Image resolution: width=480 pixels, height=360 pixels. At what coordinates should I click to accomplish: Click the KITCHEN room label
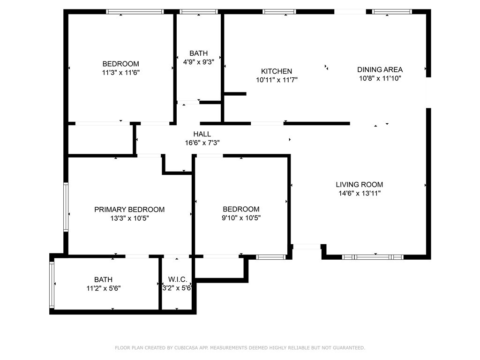[277, 71]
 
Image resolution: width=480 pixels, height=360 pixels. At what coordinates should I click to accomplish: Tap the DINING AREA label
[380, 69]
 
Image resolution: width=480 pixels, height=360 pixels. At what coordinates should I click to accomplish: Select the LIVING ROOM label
[359, 185]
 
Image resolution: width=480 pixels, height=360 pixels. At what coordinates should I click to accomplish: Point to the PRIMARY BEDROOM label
[129, 210]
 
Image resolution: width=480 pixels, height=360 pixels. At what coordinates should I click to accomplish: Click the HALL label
[202, 134]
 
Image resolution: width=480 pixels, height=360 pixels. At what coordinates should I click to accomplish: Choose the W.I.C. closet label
[178, 280]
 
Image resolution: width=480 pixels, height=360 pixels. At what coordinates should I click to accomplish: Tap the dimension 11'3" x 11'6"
[121, 73]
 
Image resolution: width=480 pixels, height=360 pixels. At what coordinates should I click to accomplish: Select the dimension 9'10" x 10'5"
[241, 218]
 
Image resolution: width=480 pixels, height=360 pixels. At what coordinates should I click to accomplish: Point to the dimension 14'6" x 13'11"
[359, 193]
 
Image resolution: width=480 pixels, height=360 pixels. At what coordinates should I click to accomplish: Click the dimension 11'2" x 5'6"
[103, 288]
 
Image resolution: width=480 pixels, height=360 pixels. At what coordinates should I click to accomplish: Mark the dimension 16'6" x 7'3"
[202, 142]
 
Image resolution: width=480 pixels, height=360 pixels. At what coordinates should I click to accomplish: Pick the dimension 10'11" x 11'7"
[277, 80]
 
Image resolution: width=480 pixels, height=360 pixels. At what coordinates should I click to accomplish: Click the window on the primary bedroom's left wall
[66, 207]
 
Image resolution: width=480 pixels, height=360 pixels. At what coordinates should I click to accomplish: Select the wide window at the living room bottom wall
[373, 257]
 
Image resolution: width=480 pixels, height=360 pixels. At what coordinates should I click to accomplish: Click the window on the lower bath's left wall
[52, 285]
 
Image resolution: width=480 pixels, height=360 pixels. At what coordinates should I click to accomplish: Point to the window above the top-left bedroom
[135, 12]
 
